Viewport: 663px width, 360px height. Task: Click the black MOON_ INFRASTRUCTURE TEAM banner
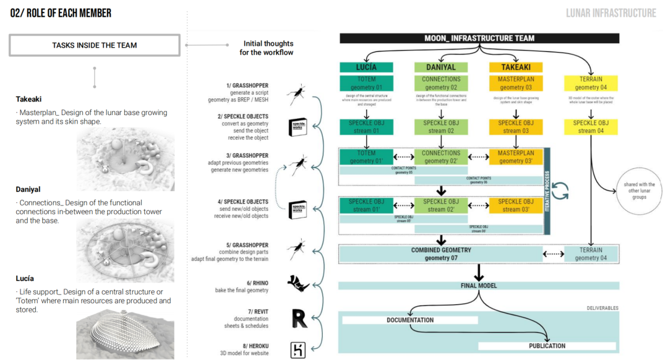click(479, 38)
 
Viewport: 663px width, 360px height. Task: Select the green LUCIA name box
click(366, 67)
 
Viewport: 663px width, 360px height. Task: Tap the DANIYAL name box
click(441, 67)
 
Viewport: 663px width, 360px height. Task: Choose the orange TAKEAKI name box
click(515, 67)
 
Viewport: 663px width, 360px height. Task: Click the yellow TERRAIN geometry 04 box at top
click(591, 84)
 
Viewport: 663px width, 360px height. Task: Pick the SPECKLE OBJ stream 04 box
click(591, 127)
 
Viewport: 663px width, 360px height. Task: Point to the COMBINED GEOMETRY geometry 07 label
click(441, 254)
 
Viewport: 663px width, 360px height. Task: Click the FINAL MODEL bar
click(478, 286)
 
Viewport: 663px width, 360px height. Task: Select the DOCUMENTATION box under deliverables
click(410, 320)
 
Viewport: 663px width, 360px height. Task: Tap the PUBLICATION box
click(547, 346)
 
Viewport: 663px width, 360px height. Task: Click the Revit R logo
click(299, 319)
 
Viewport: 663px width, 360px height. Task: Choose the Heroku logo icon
click(298, 350)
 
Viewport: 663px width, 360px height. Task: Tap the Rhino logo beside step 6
click(298, 283)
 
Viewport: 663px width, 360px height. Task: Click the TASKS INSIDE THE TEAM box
click(94, 45)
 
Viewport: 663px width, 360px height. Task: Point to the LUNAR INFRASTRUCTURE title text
click(610, 13)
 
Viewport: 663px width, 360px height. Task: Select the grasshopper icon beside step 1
click(298, 96)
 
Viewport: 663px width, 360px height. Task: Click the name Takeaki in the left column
click(28, 99)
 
